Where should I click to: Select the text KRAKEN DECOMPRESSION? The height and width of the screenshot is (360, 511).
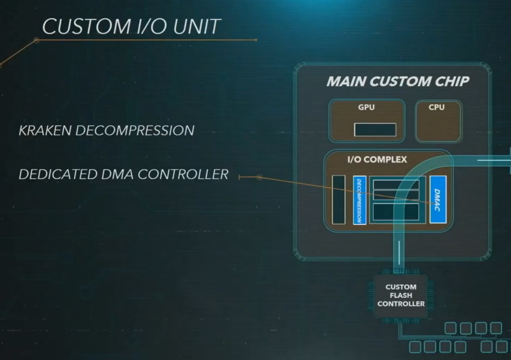[x=107, y=130]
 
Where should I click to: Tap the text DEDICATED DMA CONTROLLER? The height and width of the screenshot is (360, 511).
[x=124, y=174]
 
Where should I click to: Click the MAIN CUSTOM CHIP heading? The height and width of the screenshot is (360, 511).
[x=397, y=81]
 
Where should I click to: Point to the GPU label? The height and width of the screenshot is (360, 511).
[x=366, y=107]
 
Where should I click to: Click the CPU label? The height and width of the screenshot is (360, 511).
[x=436, y=107]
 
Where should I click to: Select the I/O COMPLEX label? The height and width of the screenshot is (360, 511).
[x=377, y=159]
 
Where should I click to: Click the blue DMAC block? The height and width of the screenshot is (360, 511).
[x=437, y=199]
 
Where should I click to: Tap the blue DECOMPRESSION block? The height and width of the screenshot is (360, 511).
[x=360, y=200]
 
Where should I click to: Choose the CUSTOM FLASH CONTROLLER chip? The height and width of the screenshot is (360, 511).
[x=401, y=295]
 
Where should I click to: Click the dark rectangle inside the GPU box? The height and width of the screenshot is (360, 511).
[x=375, y=129]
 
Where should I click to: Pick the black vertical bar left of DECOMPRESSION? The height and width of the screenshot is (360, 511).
[x=339, y=200]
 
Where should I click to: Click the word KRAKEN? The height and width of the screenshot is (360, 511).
[x=46, y=130]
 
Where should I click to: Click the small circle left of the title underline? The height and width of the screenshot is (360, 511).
[x=36, y=40]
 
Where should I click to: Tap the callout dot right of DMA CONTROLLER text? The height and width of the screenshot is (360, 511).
[x=259, y=177]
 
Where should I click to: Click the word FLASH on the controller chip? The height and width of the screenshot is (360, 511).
[x=401, y=295]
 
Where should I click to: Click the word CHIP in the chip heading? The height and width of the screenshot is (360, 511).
[x=451, y=81]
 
